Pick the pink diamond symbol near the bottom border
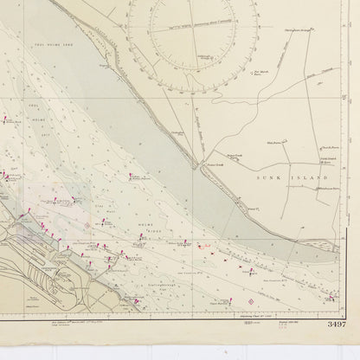point(252,301)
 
